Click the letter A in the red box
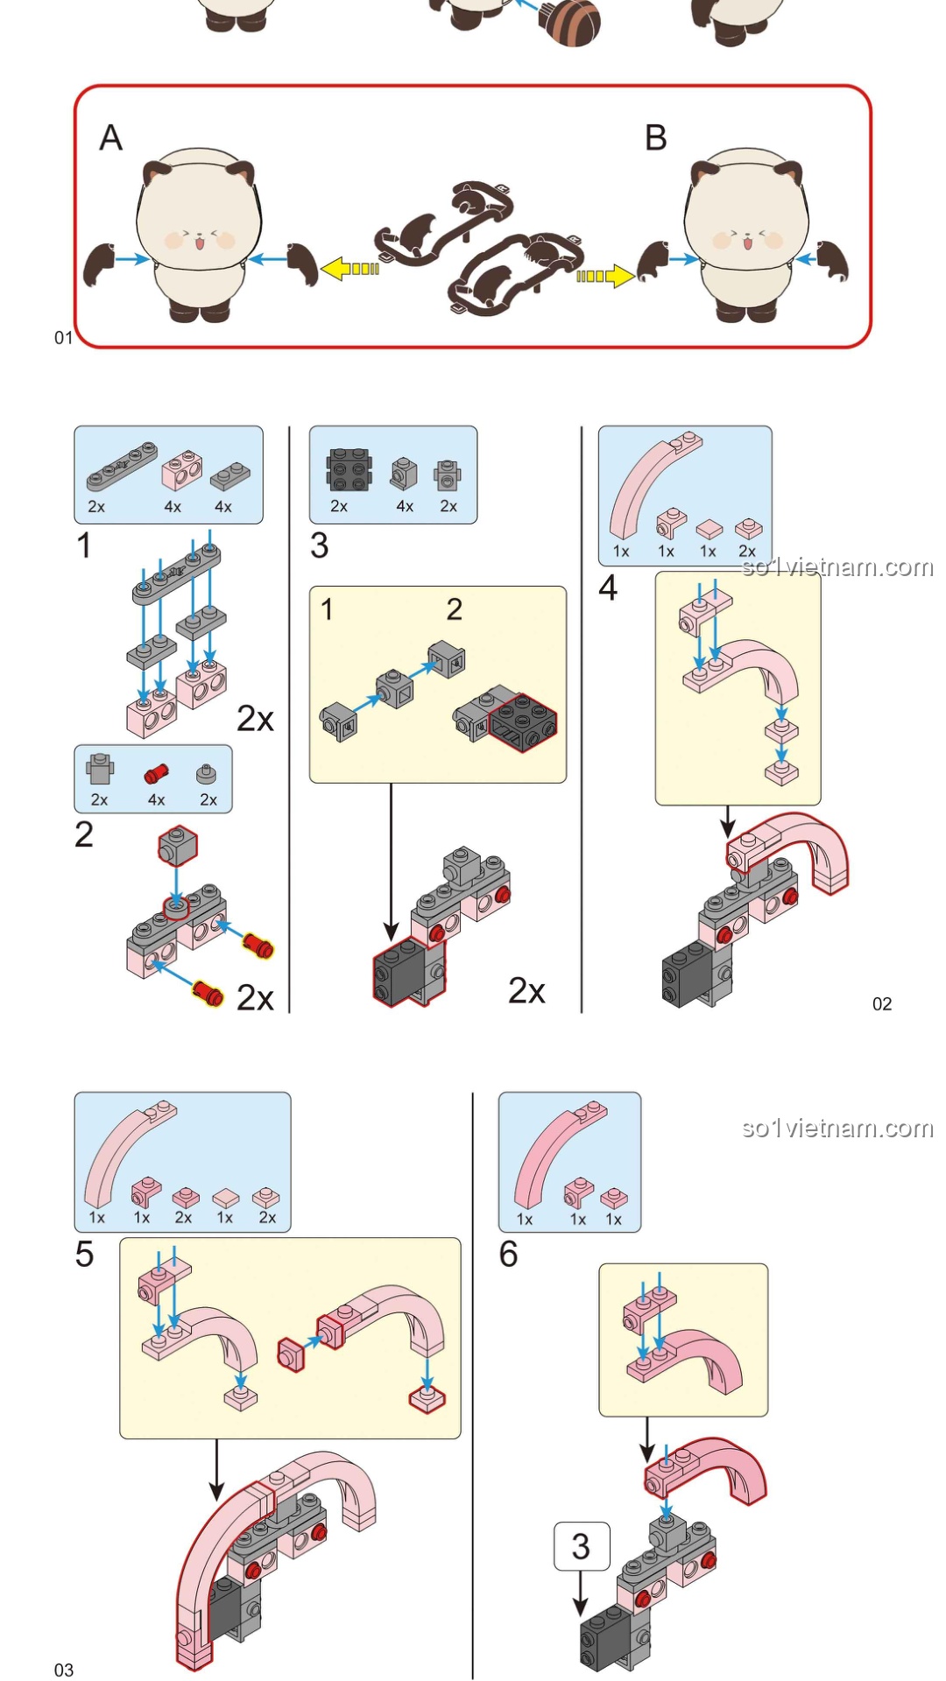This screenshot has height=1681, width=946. point(110,138)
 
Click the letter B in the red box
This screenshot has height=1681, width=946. point(656,138)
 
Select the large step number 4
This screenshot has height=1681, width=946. point(608,587)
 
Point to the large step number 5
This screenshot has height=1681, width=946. point(84,1254)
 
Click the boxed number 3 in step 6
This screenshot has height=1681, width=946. point(581,1546)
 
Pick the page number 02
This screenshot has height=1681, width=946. point(882,1004)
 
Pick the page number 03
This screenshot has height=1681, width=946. point(64,1670)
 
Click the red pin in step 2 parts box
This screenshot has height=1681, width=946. point(156,773)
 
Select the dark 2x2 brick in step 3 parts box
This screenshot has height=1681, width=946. point(348,470)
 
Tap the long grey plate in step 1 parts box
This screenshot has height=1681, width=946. point(123,465)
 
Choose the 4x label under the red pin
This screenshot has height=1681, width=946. point(156,799)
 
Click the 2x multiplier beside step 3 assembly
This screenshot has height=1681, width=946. point(526,990)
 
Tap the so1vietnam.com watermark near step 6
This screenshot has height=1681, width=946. point(837,1128)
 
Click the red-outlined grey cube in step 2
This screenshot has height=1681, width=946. point(178,846)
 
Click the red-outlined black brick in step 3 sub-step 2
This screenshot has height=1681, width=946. point(523,723)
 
